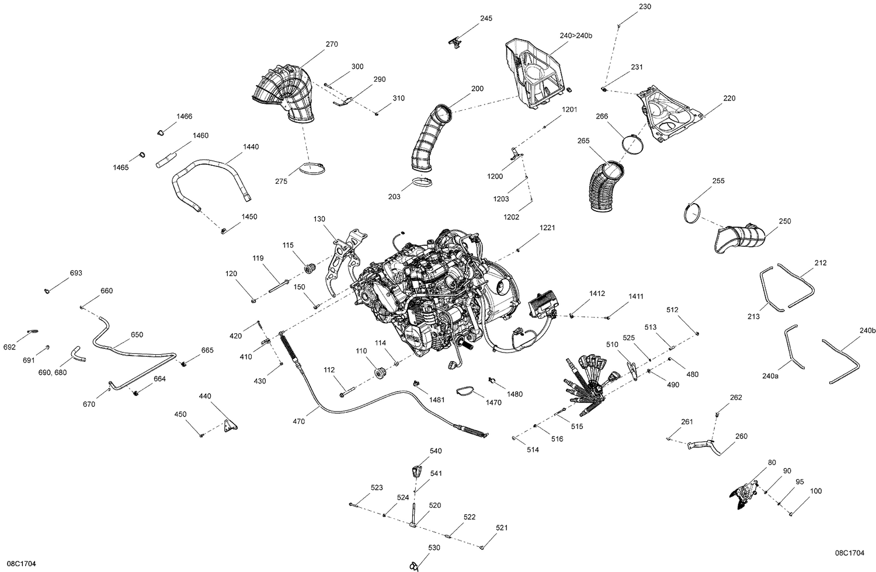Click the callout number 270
(x=332, y=44)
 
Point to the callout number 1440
(x=251, y=147)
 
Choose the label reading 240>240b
(x=576, y=36)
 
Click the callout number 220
(x=729, y=98)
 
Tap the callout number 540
(x=436, y=451)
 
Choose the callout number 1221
(x=547, y=227)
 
